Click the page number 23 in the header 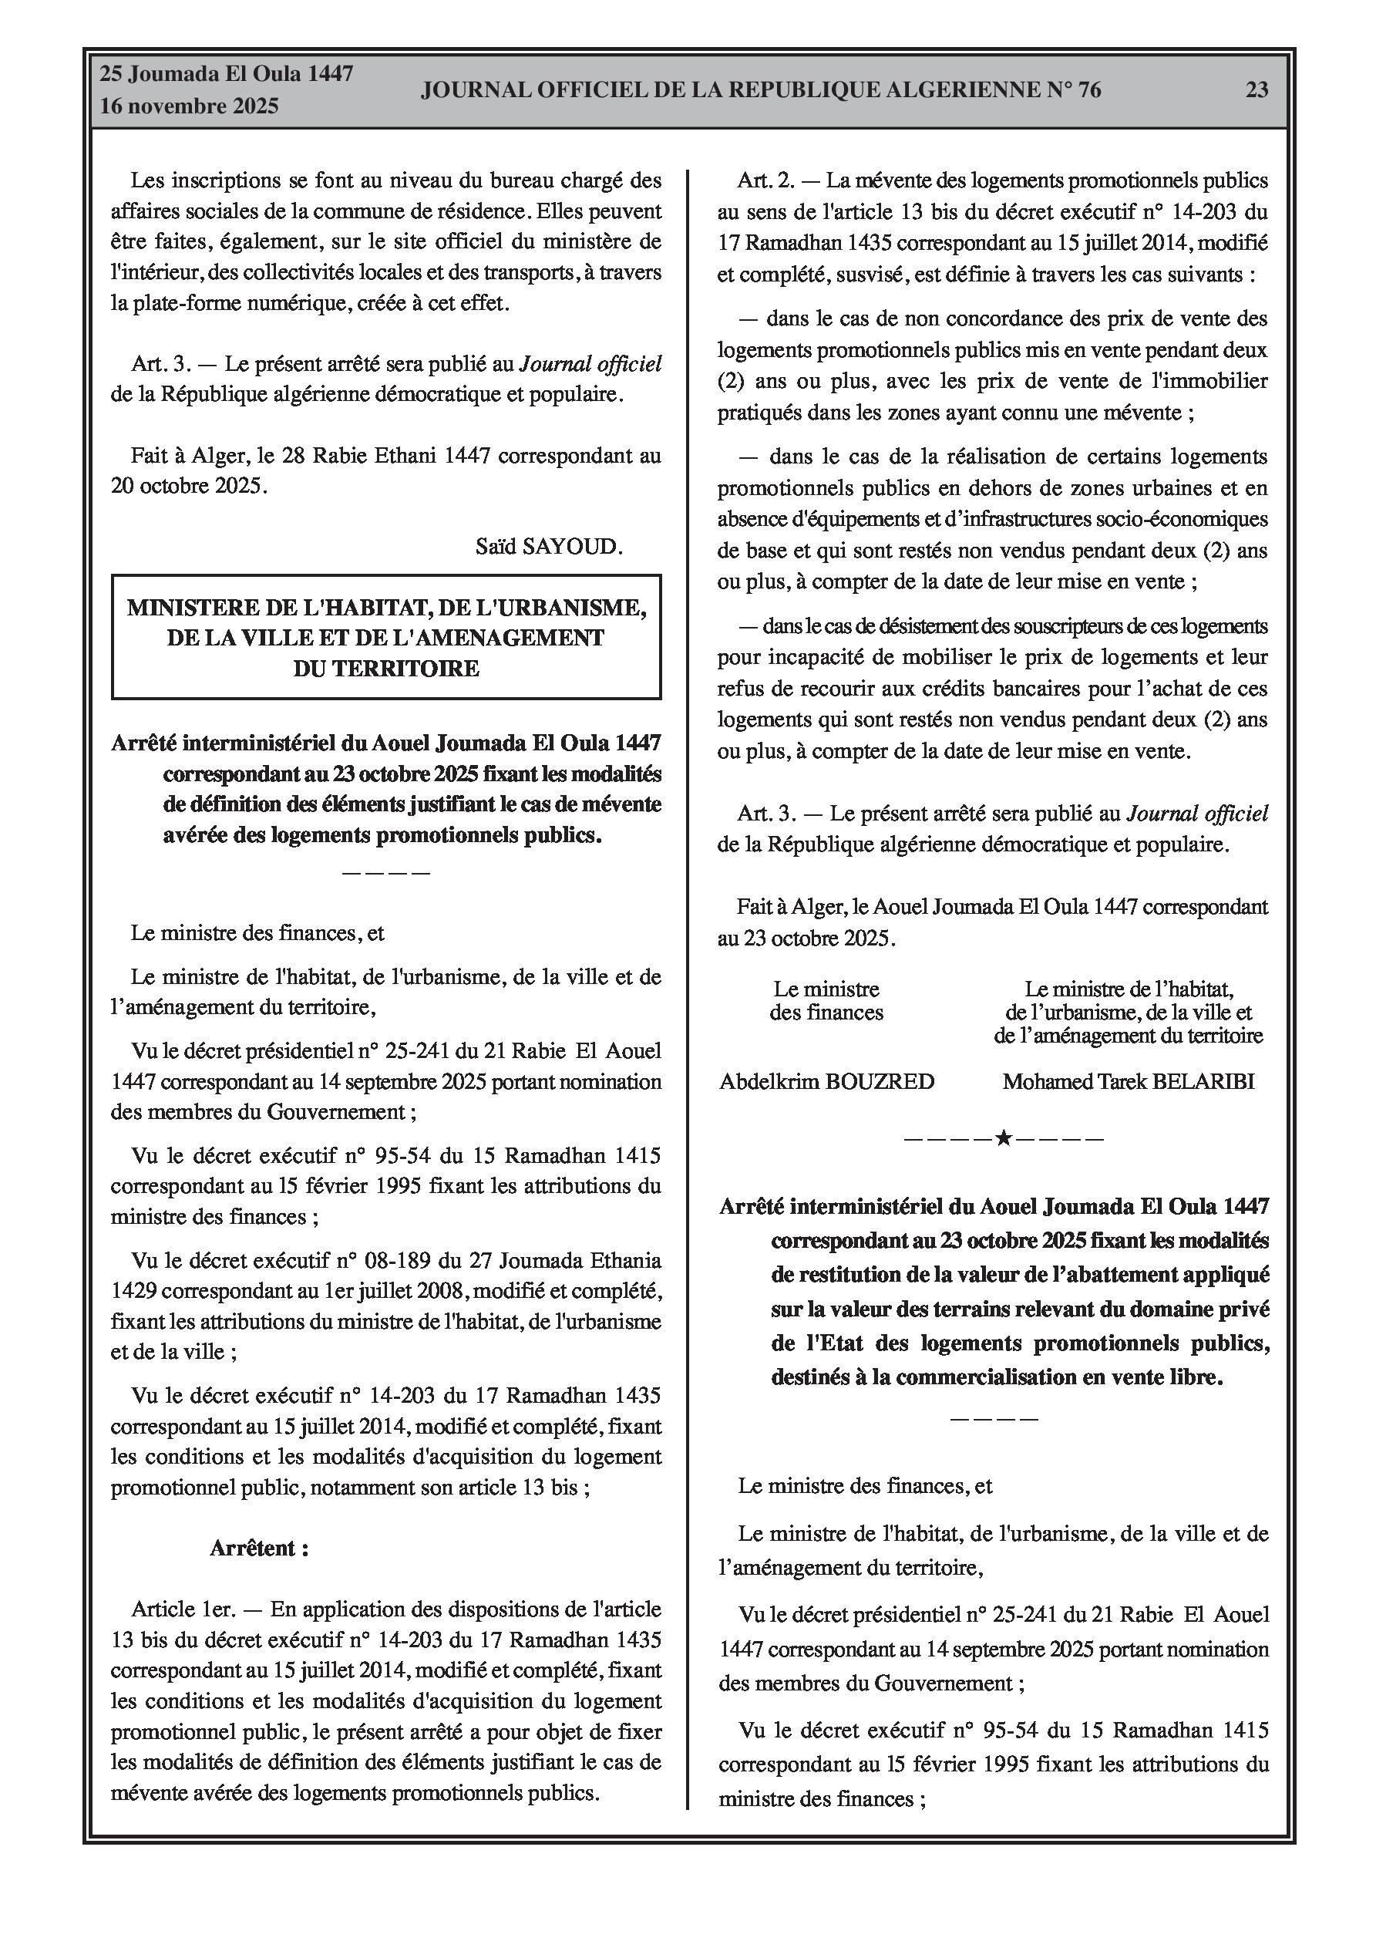[1257, 90]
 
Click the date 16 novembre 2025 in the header [189, 107]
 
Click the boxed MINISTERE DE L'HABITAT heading [386, 637]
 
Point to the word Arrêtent [259, 1549]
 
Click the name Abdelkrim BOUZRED [826, 1082]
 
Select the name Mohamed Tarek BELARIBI [1128, 1082]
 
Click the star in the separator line [1003, 1138]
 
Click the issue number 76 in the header [1089, 90]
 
